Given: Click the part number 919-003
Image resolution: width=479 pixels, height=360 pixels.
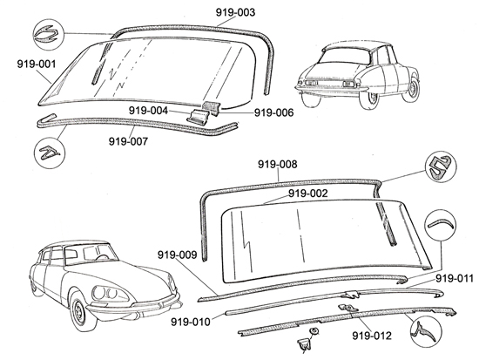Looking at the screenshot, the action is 235,12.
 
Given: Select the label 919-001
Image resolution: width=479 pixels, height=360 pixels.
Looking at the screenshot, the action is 37,65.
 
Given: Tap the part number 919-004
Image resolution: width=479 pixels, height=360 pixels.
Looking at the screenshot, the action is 148,111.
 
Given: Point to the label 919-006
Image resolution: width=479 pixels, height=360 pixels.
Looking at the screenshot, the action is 273,112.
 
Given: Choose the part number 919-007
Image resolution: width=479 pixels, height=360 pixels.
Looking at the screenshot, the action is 128,141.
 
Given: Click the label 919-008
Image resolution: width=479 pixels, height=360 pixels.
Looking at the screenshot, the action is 277,164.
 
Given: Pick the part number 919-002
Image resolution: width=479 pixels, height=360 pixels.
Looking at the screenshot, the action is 308,194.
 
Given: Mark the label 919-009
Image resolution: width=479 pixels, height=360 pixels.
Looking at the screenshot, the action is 177,255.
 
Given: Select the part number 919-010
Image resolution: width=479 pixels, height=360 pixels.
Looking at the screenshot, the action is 191,322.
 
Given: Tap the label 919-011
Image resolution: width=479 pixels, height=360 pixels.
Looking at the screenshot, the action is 455,279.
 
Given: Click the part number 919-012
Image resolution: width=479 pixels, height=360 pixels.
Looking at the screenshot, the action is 372,336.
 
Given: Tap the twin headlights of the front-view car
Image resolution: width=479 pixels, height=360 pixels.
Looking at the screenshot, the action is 107,294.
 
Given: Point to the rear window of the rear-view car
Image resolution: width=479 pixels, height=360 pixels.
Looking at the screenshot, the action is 344,56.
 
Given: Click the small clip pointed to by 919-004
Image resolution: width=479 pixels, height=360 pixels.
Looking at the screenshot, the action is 198,117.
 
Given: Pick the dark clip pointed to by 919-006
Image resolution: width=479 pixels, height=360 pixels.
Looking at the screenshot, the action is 213,108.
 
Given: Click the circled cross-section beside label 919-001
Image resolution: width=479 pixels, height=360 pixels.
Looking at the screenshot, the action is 48,35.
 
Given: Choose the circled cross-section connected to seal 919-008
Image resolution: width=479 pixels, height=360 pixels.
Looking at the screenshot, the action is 441,166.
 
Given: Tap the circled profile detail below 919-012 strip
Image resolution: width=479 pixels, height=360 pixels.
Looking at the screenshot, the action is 426,331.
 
